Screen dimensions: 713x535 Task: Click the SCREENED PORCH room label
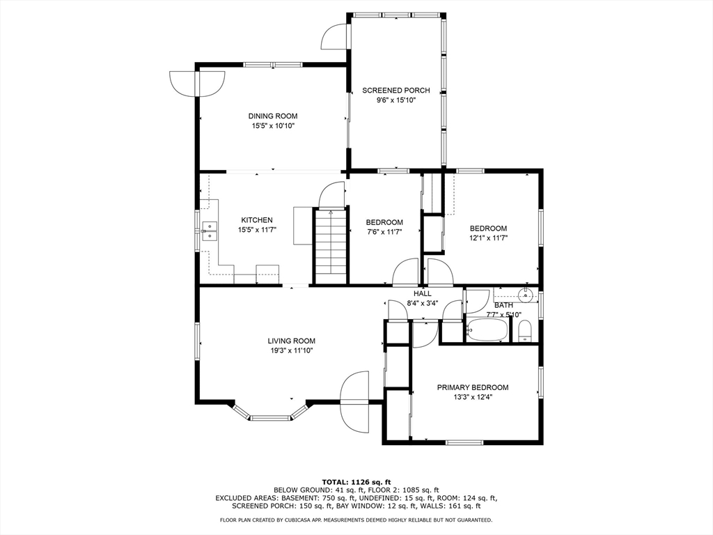pos(395,91)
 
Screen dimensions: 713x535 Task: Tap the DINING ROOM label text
pos(273,116)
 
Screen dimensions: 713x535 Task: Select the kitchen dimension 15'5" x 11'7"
pos(258,230)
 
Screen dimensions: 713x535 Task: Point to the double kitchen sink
pos(209,231)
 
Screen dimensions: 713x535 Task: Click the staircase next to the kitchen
pos(330,247)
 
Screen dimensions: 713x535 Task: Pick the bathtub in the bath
pos(487,329)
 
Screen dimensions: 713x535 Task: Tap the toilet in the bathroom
pos(525,330)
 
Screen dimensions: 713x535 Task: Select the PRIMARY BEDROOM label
pos(473,387)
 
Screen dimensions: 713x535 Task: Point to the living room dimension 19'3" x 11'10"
pos(291,350)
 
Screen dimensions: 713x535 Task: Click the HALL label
pos(423,294)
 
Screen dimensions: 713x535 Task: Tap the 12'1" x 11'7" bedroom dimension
pos(488,238)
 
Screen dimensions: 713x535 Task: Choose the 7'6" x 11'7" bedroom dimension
pos(384,231)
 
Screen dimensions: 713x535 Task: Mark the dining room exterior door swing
pos(197,84)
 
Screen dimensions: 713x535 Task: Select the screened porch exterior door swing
pos(334,36)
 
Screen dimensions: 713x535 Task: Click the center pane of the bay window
pos(270,417)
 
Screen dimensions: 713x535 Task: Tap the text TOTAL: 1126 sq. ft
pos(356,482)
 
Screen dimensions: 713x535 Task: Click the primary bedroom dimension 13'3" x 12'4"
pos(473,396)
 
